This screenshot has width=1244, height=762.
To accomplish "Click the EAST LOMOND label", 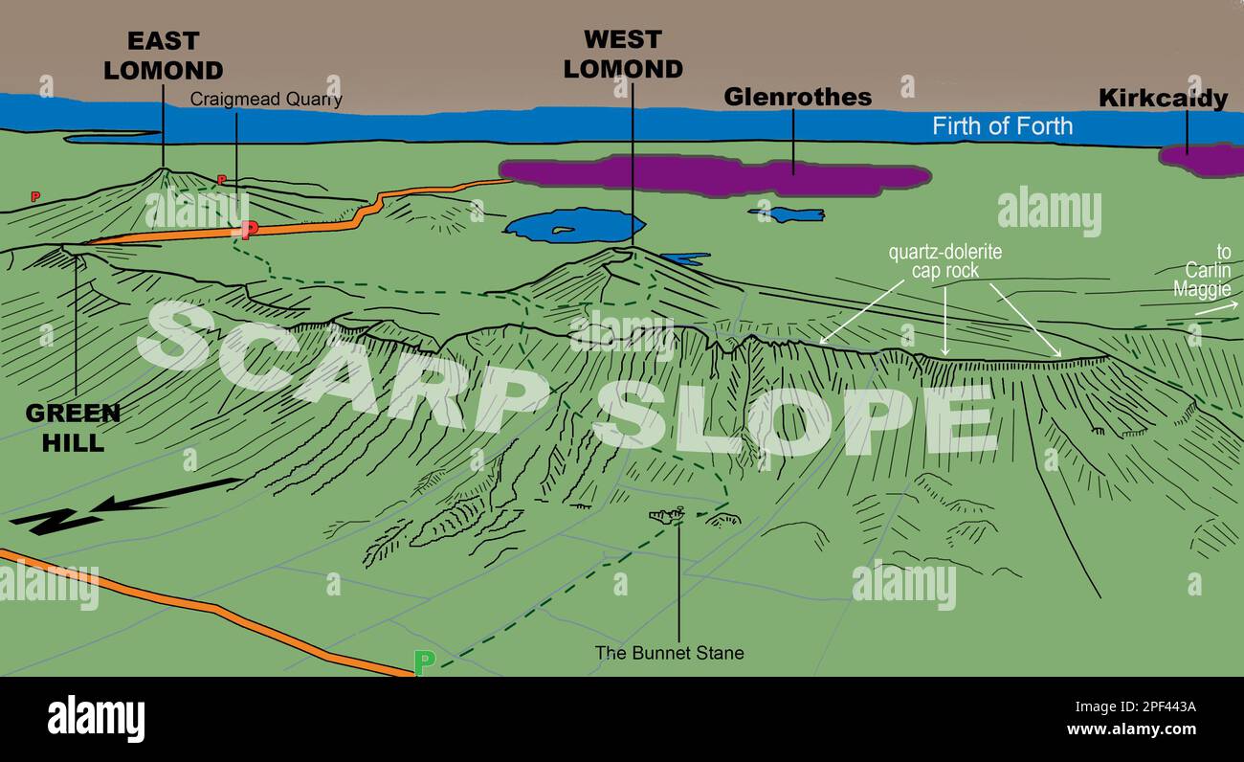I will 163,56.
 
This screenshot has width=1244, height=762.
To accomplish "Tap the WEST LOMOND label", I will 623,55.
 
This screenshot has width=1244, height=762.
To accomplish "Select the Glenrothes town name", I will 797,98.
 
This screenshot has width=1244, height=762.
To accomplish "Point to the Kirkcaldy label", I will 1163,99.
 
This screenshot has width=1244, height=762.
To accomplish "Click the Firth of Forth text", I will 1002,126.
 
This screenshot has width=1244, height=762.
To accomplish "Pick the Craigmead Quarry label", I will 265,100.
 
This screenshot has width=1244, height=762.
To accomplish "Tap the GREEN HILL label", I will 73,427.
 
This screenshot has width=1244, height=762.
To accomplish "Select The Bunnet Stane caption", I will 669,653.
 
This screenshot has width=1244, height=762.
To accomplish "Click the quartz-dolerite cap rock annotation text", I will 945,261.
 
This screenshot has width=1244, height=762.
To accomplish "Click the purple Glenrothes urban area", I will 713,175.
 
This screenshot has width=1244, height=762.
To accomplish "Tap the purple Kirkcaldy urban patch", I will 1204,159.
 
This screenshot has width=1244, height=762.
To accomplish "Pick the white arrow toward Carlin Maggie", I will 1215,308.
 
